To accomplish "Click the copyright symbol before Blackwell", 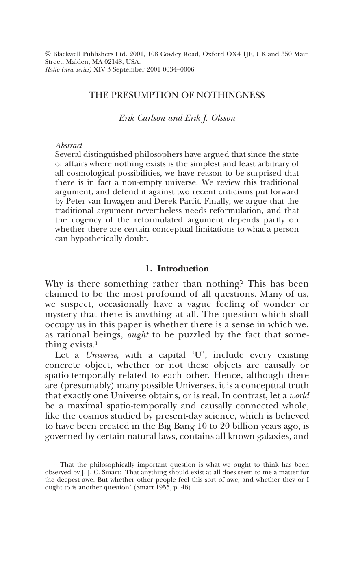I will (x=48, y=54).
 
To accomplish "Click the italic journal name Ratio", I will (x=52, y=69).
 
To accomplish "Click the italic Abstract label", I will (x=69, y=145).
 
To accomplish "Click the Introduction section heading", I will (x=183, y=269).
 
